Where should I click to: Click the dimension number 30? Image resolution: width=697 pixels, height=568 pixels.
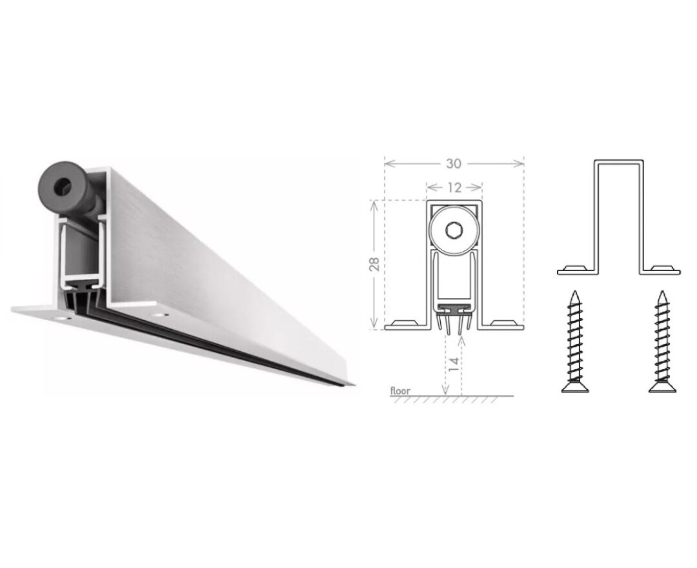[454, 163]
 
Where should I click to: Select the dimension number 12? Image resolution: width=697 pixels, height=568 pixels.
[454, 188]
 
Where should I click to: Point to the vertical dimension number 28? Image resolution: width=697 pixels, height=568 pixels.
[374, 264]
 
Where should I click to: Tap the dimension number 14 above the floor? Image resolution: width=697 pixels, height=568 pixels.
[454, 363]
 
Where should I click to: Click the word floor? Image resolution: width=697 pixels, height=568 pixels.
[400, 391]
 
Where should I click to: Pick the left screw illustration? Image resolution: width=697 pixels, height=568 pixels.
[575, 342]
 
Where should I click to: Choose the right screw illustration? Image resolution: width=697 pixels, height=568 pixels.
[662, 342]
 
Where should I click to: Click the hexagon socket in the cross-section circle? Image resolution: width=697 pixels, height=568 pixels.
[454, 231]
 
